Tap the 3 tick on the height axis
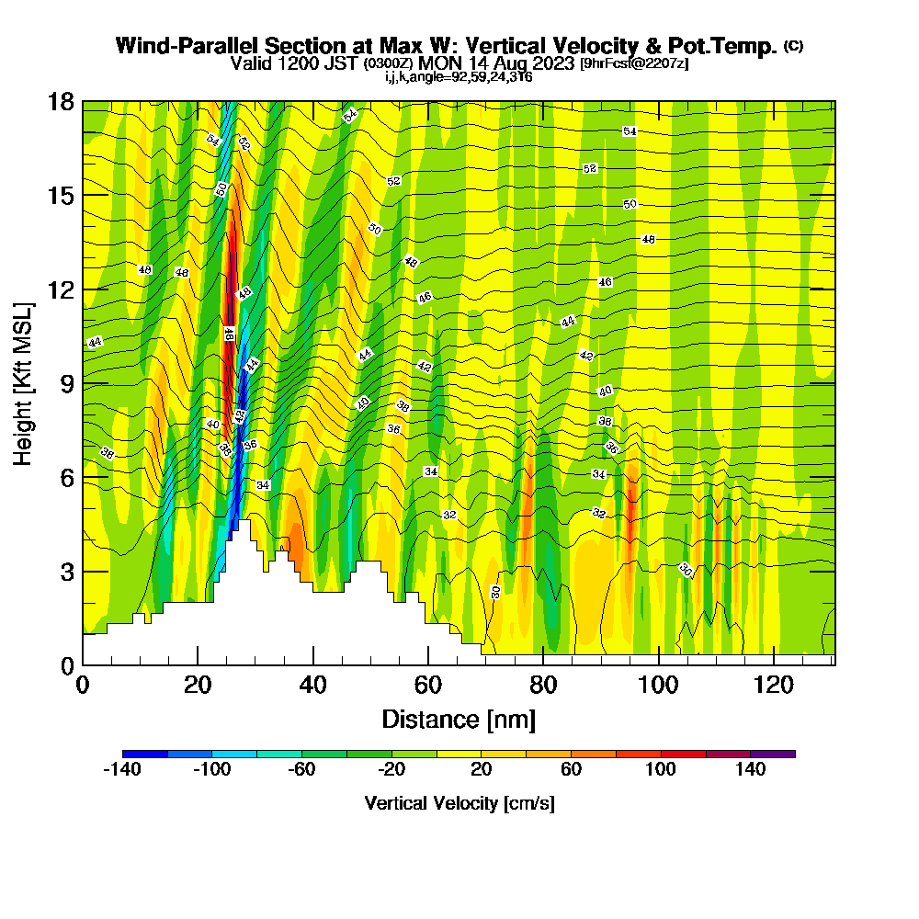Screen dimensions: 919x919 point(65,572)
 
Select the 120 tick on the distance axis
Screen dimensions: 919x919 point(774,686)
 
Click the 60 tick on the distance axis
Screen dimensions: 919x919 point(428,686)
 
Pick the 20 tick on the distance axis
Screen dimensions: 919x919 point(198,686)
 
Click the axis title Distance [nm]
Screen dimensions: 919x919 point(458,719)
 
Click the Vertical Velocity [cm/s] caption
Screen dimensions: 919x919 point(459,803)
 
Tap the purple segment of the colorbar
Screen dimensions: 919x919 point(773,754)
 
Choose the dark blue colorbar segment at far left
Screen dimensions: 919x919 point(145,754)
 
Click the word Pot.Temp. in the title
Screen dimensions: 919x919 point(731,46)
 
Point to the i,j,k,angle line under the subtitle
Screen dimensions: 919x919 point(458,77)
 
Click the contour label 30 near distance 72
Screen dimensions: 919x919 point(496,592)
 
